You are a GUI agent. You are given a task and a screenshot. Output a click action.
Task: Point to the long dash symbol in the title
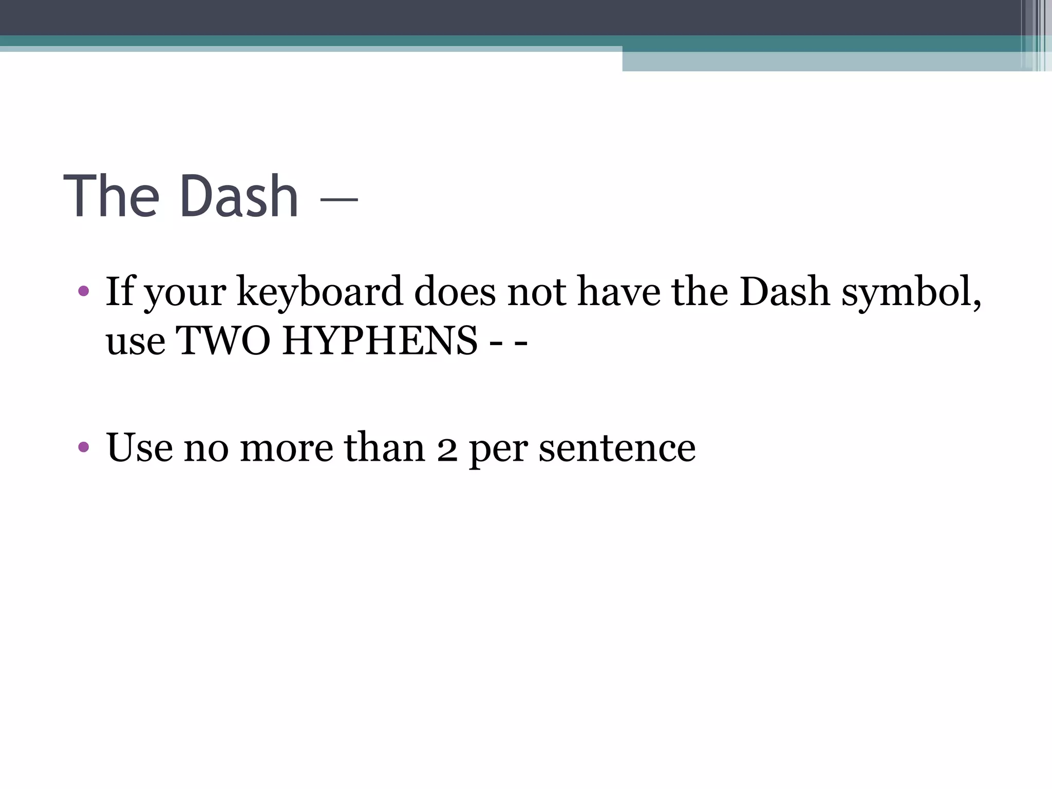click(339, 200)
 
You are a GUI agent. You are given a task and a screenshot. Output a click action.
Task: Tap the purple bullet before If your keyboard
click(84, 292)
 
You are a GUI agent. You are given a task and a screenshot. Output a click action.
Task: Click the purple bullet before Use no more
click(84, 447)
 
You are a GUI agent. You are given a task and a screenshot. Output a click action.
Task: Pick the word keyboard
click(319, 292)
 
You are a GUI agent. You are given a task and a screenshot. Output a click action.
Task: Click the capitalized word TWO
click(223, 341)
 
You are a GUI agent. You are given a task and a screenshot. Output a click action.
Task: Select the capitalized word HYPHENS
click(380, 341)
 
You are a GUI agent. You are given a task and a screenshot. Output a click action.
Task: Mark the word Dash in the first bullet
click(784, 292)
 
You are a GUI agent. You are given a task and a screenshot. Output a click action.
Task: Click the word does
click(455, 292)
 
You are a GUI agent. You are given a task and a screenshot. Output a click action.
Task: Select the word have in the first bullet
click(619, 292)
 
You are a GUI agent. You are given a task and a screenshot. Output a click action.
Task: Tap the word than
click(385, 447)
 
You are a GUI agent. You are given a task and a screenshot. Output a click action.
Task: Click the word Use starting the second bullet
click(139, 447)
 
